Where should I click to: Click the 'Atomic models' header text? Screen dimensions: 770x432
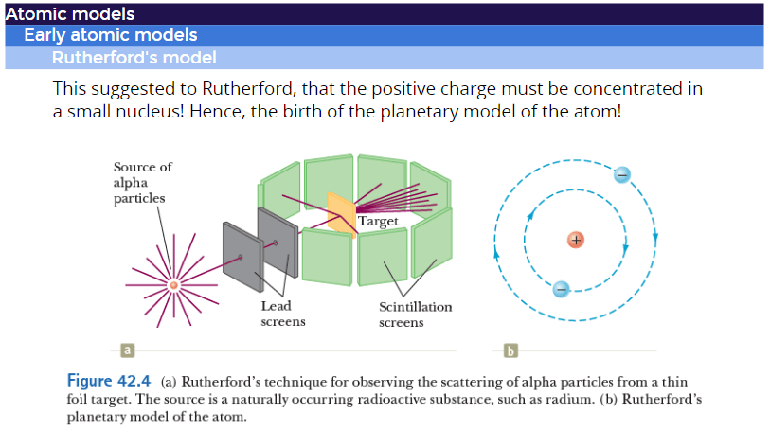tap(69, 14)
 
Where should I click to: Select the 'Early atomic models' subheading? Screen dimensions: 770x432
tap(111, 35)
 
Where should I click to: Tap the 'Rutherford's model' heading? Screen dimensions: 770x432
tap(134, 58)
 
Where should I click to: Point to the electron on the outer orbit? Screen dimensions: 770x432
tap(621, 174)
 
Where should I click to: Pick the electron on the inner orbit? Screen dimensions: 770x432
tap(561, 288)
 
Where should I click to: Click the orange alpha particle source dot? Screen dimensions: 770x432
tap(173, 284)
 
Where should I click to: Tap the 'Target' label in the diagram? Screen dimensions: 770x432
tap(378, 221)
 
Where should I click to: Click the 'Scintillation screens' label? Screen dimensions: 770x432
tap(415, 314)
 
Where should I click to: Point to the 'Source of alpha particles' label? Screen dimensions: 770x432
tap(142, 182)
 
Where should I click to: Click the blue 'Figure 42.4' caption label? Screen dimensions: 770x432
tap(104, 381)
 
